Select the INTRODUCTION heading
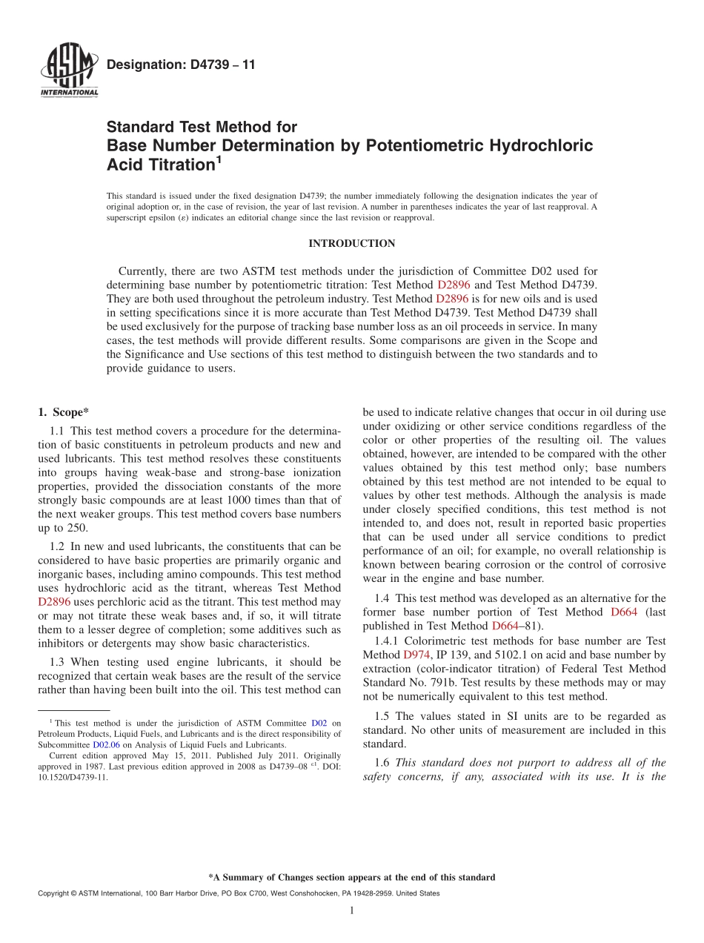point(351,243)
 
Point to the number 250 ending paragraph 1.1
point(77,528)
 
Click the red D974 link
point(416,655)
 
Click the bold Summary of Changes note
point(351,877)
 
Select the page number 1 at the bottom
point(352,910)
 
